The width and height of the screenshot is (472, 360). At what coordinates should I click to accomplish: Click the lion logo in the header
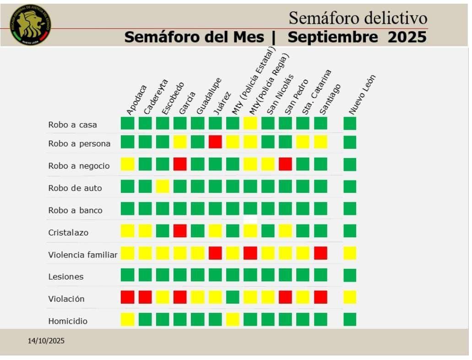30,25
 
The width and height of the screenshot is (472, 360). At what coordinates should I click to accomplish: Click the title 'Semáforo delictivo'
358,18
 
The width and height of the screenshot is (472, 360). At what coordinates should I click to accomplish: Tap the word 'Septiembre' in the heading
333,37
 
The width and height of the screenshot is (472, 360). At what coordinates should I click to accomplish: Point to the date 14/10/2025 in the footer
46,341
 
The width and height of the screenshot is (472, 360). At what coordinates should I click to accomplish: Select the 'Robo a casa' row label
72,125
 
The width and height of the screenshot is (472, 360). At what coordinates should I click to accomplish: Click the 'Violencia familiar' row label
82,255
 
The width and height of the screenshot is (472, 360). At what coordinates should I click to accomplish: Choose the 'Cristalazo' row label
68,233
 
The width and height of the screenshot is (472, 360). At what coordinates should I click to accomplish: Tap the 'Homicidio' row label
68,321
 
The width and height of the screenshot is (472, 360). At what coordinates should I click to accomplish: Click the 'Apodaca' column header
136,100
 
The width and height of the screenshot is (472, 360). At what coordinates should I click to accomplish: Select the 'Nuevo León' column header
362,94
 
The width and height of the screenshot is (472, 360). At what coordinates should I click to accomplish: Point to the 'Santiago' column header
330,98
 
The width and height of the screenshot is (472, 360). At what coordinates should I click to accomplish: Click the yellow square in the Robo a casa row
250,123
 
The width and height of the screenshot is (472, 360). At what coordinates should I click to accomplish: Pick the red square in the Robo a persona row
215,142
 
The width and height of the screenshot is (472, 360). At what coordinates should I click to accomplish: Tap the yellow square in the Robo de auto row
163,186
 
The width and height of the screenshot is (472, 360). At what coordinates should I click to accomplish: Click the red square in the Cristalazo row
180,230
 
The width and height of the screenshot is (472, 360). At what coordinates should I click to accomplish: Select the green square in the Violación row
233,297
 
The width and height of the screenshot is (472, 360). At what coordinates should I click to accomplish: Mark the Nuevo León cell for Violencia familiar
350,253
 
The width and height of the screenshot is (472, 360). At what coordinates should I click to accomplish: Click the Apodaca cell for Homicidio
128,319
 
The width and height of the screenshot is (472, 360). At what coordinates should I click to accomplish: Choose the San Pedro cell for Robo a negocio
285,164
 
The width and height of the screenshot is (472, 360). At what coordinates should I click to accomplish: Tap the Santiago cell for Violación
320,297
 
